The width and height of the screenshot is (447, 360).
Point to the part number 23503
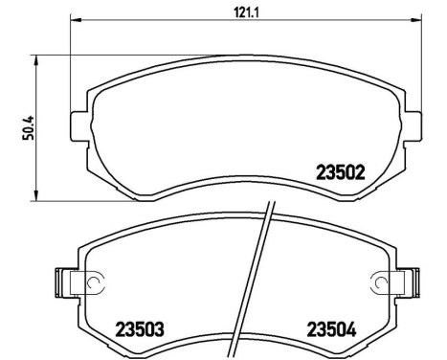(140, 329)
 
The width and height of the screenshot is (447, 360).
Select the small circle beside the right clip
(380, 282)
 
